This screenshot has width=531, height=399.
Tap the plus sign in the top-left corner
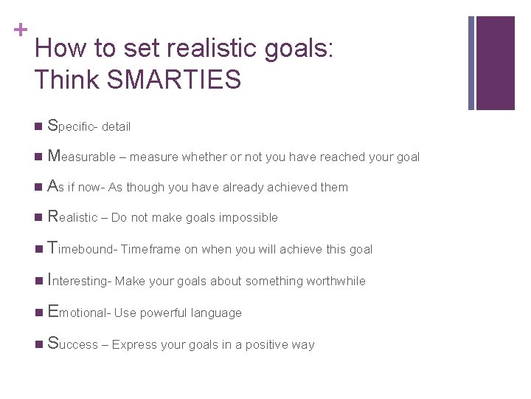(19, 30)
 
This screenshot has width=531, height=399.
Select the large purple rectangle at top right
(496, 63)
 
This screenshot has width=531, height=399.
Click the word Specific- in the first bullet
(72, 126)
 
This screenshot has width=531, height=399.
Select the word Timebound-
(82, 250)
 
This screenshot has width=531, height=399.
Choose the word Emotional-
(79, 313)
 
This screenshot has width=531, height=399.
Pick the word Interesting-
(80, 282)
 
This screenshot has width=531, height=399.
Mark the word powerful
(163, 313)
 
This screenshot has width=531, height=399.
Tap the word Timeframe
(150, 250)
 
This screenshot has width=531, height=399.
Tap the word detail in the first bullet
(116, 127)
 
